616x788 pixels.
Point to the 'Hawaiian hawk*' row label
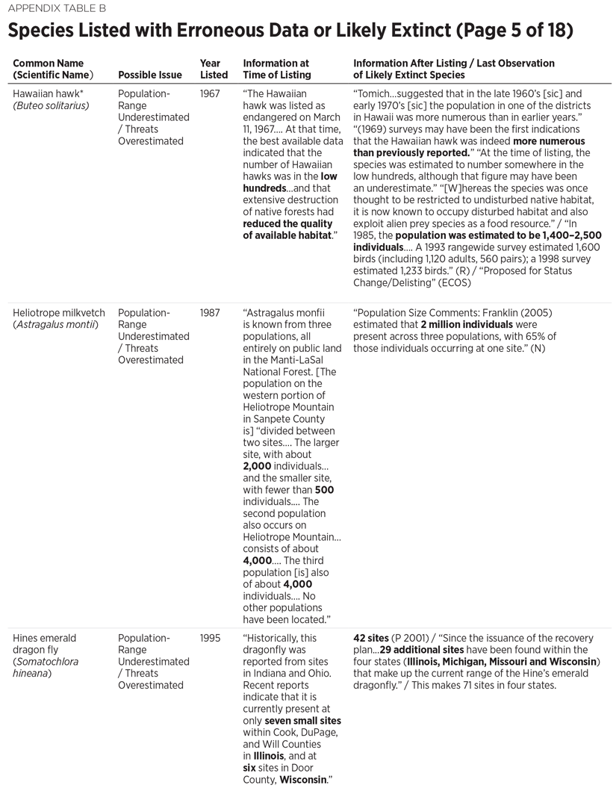click(x=47, y=94)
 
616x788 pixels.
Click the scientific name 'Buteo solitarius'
click(x=51, y=105)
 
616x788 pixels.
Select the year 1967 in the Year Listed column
click(x=210, y=94)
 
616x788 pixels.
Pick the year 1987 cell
click(x=210, y=313)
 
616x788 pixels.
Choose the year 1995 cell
click(x=210, y=639)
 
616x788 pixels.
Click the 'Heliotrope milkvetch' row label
click(x=59, y=313)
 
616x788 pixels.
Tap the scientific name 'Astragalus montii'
click(x=55, y=324)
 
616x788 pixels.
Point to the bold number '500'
click(x=324, y=490)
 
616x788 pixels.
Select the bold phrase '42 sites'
click(x=371, y=639)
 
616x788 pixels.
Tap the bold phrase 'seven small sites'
click(x=302, y=721)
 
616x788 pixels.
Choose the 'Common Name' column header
click(x=49, y=63)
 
